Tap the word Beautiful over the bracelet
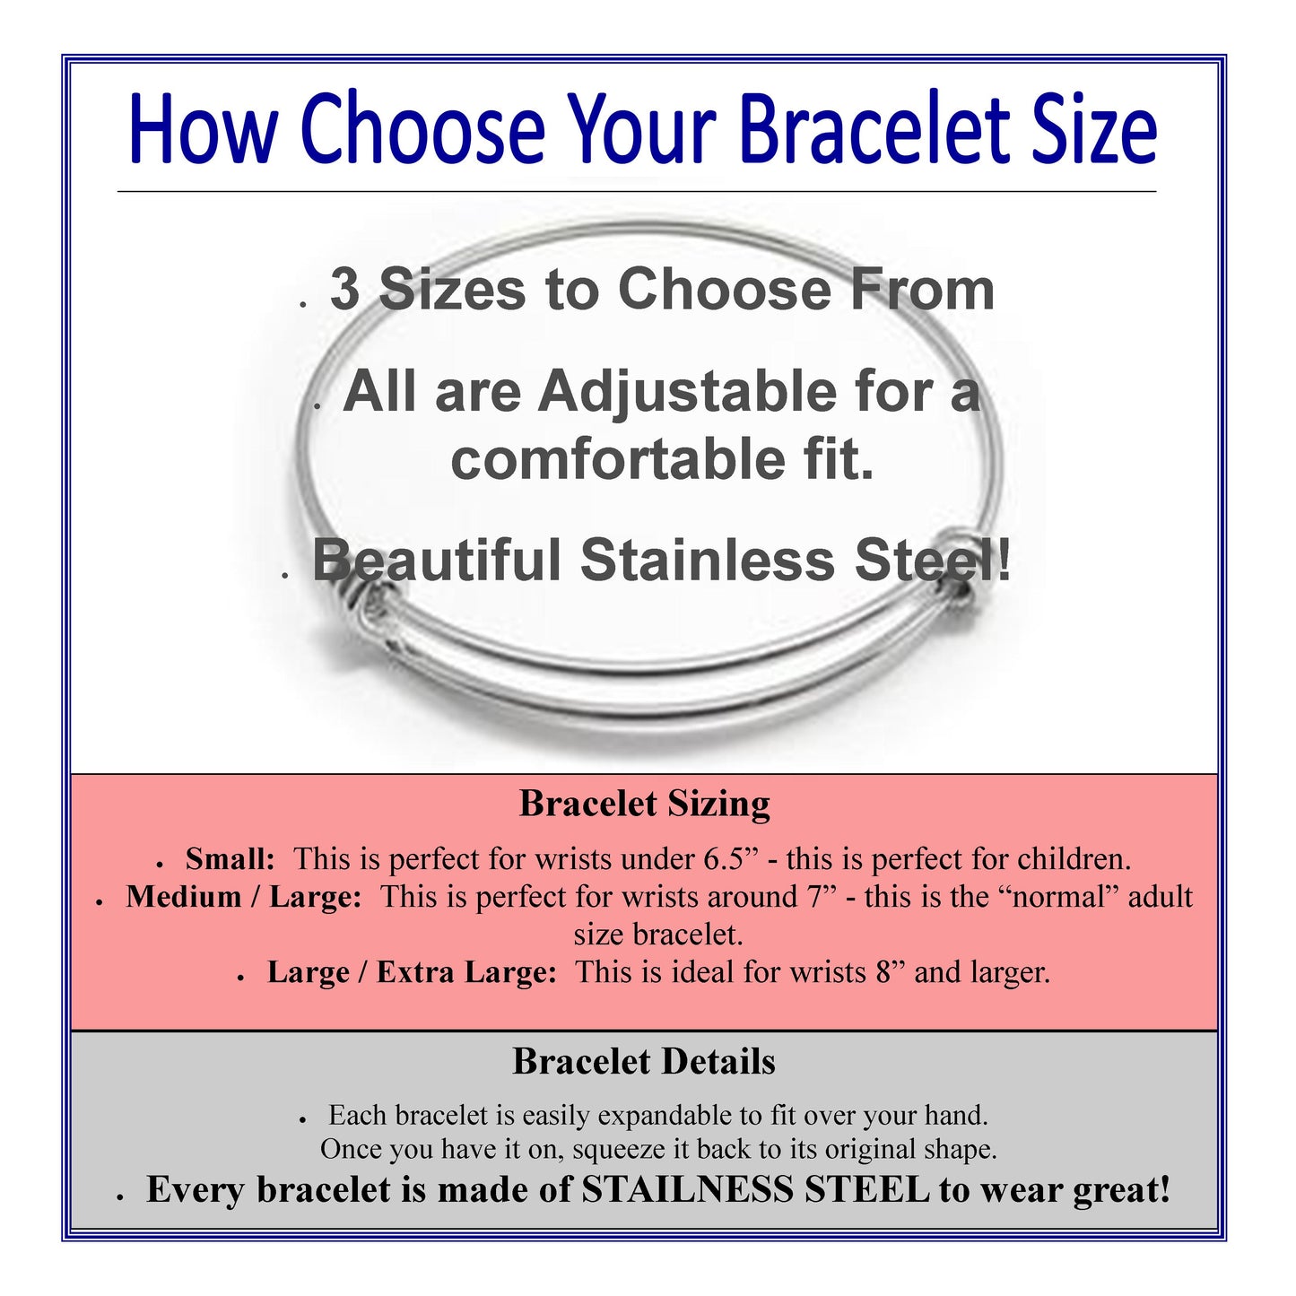(x=437, y=561)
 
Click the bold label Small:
(x=230, y=859)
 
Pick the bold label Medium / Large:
(x=243, y=898)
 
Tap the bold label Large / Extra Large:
(x=412, y=973)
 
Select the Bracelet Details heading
(x=644, y=1062)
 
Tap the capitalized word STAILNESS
(x=687, y=1190)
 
